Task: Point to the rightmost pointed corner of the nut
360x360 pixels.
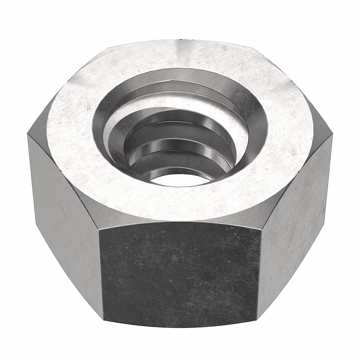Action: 333,135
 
